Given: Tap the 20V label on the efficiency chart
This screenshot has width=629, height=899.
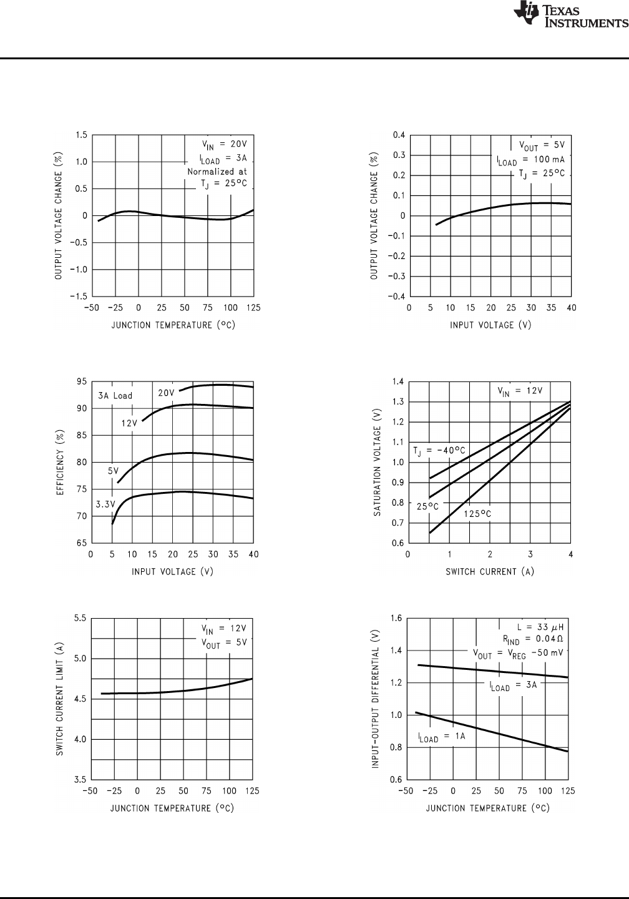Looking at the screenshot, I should coord(166,393).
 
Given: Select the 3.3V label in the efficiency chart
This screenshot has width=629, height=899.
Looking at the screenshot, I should coord(104,504).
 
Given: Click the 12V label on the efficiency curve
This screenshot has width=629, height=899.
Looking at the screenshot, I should coord(129,423).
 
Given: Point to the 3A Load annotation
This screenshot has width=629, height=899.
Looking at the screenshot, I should coord(115,396).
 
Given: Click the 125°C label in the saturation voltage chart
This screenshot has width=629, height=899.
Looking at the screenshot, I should coord(477,514).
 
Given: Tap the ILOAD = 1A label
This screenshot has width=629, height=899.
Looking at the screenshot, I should coord(442,737).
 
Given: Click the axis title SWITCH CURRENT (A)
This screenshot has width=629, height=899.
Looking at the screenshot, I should coord(489,571).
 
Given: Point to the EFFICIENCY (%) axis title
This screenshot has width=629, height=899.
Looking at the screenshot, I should coord(61,461).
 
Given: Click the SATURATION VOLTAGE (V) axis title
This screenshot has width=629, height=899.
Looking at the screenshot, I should coord(377,462).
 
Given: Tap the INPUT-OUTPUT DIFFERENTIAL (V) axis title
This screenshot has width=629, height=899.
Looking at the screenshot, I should coord(376,699).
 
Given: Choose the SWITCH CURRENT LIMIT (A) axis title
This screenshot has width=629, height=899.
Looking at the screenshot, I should coord(60,699).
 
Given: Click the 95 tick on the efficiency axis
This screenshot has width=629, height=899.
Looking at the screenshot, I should coord(81,381).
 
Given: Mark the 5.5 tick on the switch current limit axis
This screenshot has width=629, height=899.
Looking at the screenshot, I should coord(79,618).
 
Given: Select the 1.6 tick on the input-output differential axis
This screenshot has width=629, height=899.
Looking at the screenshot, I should coord(395,619).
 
